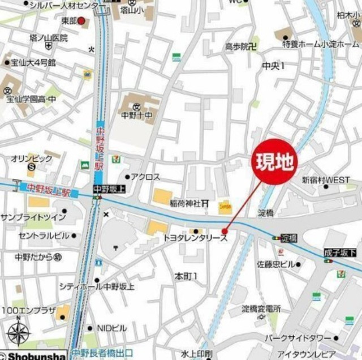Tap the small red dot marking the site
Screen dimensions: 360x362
(x=225, y=231)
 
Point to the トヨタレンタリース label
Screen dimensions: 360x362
(x=195, y=239)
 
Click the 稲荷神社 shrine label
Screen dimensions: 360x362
(x=187, y=203)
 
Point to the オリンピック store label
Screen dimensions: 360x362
(x=32, y=159)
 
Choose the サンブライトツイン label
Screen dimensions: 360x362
(x=33, y=218)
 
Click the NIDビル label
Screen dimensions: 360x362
(x=111, y=328)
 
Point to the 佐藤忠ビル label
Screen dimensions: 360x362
(x=276, y=264)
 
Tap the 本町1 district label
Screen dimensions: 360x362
(x=186, y=276)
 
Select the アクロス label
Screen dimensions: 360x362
(x=145, y=177)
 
